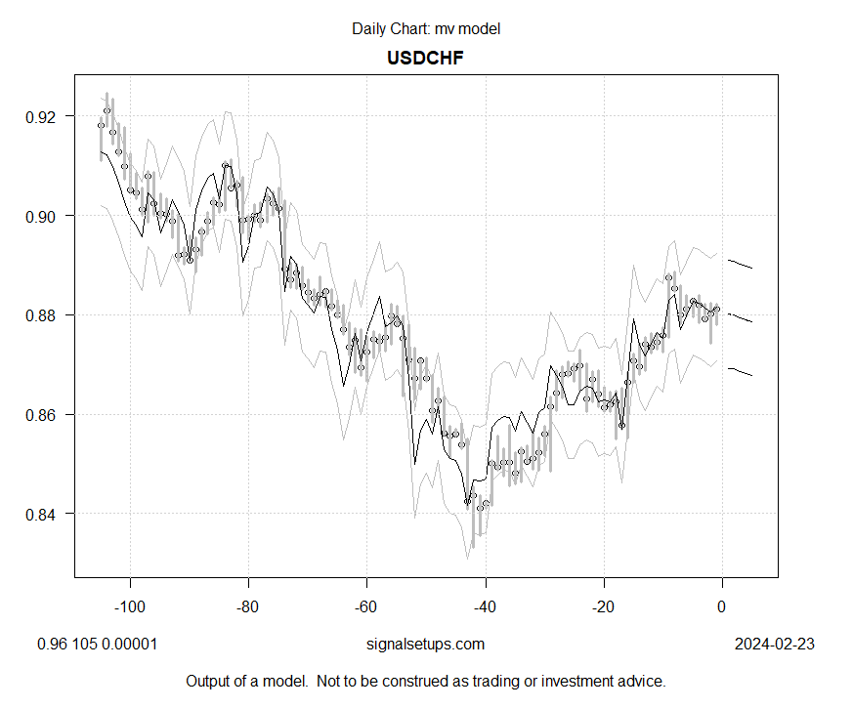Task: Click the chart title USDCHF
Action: tap(425, 58)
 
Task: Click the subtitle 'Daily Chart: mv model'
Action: tap(425, 29)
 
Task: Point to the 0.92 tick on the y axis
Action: tap(45, 116)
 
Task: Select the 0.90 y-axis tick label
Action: tap(45, 216)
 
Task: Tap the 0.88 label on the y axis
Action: tap(45, 315)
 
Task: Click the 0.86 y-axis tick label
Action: tap(45, 415)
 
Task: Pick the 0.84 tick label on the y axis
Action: tap(45, 514)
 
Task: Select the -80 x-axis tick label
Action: tap(247, 605)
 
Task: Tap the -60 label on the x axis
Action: tap(366, 605)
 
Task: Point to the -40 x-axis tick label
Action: tap(485, 605)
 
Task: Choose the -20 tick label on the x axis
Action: tap(603, 605)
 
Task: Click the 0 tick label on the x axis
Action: tap(722, 605)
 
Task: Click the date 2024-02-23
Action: tap(774, 645)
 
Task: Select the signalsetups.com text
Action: tap(424, 645)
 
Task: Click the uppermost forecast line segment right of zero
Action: tap(740, 264)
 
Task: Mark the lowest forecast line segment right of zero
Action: tap(740, 372)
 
